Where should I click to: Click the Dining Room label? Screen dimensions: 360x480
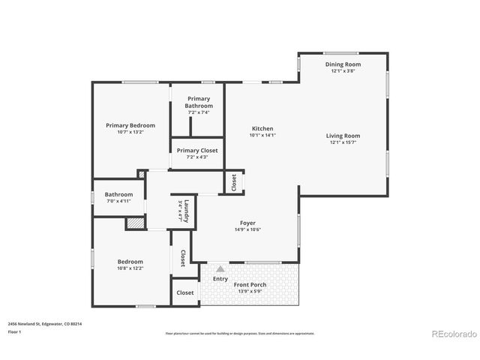tap(344, 64)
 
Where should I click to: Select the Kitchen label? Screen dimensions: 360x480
tap(262, 129)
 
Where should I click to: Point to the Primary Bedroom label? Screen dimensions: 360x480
tap(130, 125)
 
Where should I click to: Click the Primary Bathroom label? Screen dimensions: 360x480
tap(199, 102)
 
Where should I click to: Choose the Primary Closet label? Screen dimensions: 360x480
tap(198, 151)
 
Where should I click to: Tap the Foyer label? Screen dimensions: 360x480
tap(247, 223)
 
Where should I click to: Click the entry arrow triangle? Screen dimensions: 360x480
tap(220, 268)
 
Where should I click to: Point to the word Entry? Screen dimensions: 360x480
tap(220, 279)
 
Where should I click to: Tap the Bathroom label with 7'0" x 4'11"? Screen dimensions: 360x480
tap(118, 194)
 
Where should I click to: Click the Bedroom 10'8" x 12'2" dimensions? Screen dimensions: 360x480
tap(130, 268)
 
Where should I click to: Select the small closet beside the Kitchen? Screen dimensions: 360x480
tap(234, 182)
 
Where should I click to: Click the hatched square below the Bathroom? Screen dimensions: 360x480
tap(133, 223)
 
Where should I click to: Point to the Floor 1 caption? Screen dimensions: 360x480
tap(14, 331)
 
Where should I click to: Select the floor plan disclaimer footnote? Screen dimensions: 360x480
tap(240, 333)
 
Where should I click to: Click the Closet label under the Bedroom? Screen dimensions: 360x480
tap(184, 292)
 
